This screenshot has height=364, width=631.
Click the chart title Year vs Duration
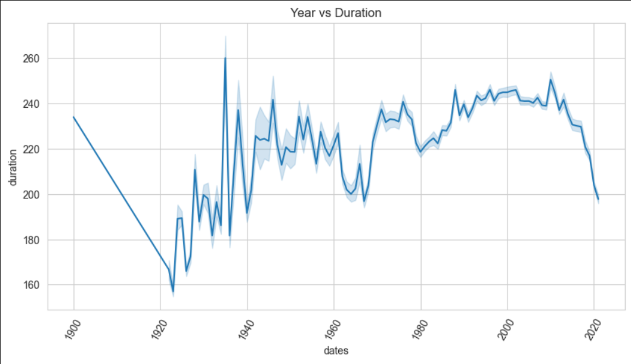click(335, 13)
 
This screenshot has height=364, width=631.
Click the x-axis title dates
click(335, 351)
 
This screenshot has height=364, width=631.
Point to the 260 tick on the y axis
click(32, 59)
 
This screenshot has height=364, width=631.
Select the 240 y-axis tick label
click(32, 104)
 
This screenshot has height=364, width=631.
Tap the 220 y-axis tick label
click(32, 150)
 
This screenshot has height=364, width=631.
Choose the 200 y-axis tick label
click(32, 195)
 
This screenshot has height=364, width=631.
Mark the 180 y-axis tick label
click(32, 240)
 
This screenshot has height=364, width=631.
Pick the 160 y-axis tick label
click(32, 285)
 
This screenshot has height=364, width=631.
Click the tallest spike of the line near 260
click(225, 58)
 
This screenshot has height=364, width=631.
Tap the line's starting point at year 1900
click(73, 117)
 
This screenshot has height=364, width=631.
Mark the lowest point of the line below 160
click(173, 292)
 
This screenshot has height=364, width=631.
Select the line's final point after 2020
click(598, 199)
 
